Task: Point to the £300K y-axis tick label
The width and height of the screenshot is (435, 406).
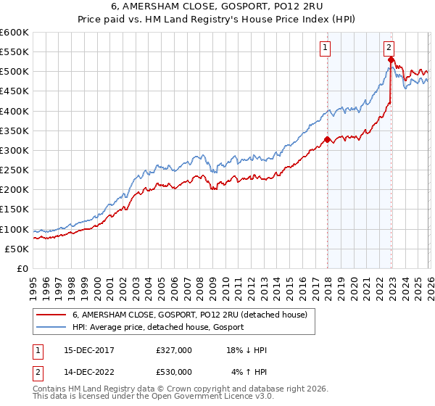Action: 14,150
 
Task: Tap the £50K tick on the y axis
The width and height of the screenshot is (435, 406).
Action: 16,249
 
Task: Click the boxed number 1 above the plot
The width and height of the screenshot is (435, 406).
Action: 324,49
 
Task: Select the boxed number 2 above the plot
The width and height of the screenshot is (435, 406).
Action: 389,49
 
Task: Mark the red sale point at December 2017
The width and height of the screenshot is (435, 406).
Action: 327,139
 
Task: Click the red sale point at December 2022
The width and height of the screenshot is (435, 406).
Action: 391,59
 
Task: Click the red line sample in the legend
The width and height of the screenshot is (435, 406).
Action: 52,315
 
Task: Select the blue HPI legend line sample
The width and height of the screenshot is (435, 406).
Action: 52,327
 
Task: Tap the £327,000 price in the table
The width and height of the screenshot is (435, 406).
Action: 174,350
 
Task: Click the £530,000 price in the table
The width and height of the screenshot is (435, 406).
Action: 174,372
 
